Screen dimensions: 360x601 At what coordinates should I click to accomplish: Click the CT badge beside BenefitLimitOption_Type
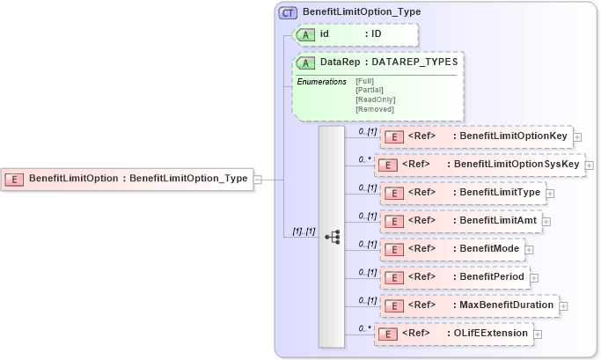click(x=288, y=13)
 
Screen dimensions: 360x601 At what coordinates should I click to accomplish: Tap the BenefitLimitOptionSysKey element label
click(x=517, y=164)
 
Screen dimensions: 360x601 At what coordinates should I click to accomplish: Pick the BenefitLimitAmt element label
click(x=497, y=220)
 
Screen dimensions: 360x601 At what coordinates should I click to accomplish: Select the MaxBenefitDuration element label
click(x=507, y=305)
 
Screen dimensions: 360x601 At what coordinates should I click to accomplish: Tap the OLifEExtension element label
click(x=490, y=333)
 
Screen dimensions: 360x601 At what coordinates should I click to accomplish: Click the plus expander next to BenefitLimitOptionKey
click(x=577, y=136)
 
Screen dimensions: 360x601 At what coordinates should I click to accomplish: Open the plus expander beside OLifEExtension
click(x=538, y=334)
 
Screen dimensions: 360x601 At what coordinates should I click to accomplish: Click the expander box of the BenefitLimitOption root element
click(x=257, y=179)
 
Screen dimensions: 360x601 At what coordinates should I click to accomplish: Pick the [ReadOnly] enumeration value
click(x=375, y=99)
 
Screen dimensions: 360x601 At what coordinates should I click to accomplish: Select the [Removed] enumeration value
click(x=374, y=108)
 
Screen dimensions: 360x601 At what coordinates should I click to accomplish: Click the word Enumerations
click(x=321, y=82)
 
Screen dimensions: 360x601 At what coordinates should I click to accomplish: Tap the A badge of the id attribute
click(x=307, y=34)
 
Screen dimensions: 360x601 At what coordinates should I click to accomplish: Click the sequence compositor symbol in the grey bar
click(x=333, y=236)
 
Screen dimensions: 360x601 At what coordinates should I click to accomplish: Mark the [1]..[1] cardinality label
click(x=299, y=231)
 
